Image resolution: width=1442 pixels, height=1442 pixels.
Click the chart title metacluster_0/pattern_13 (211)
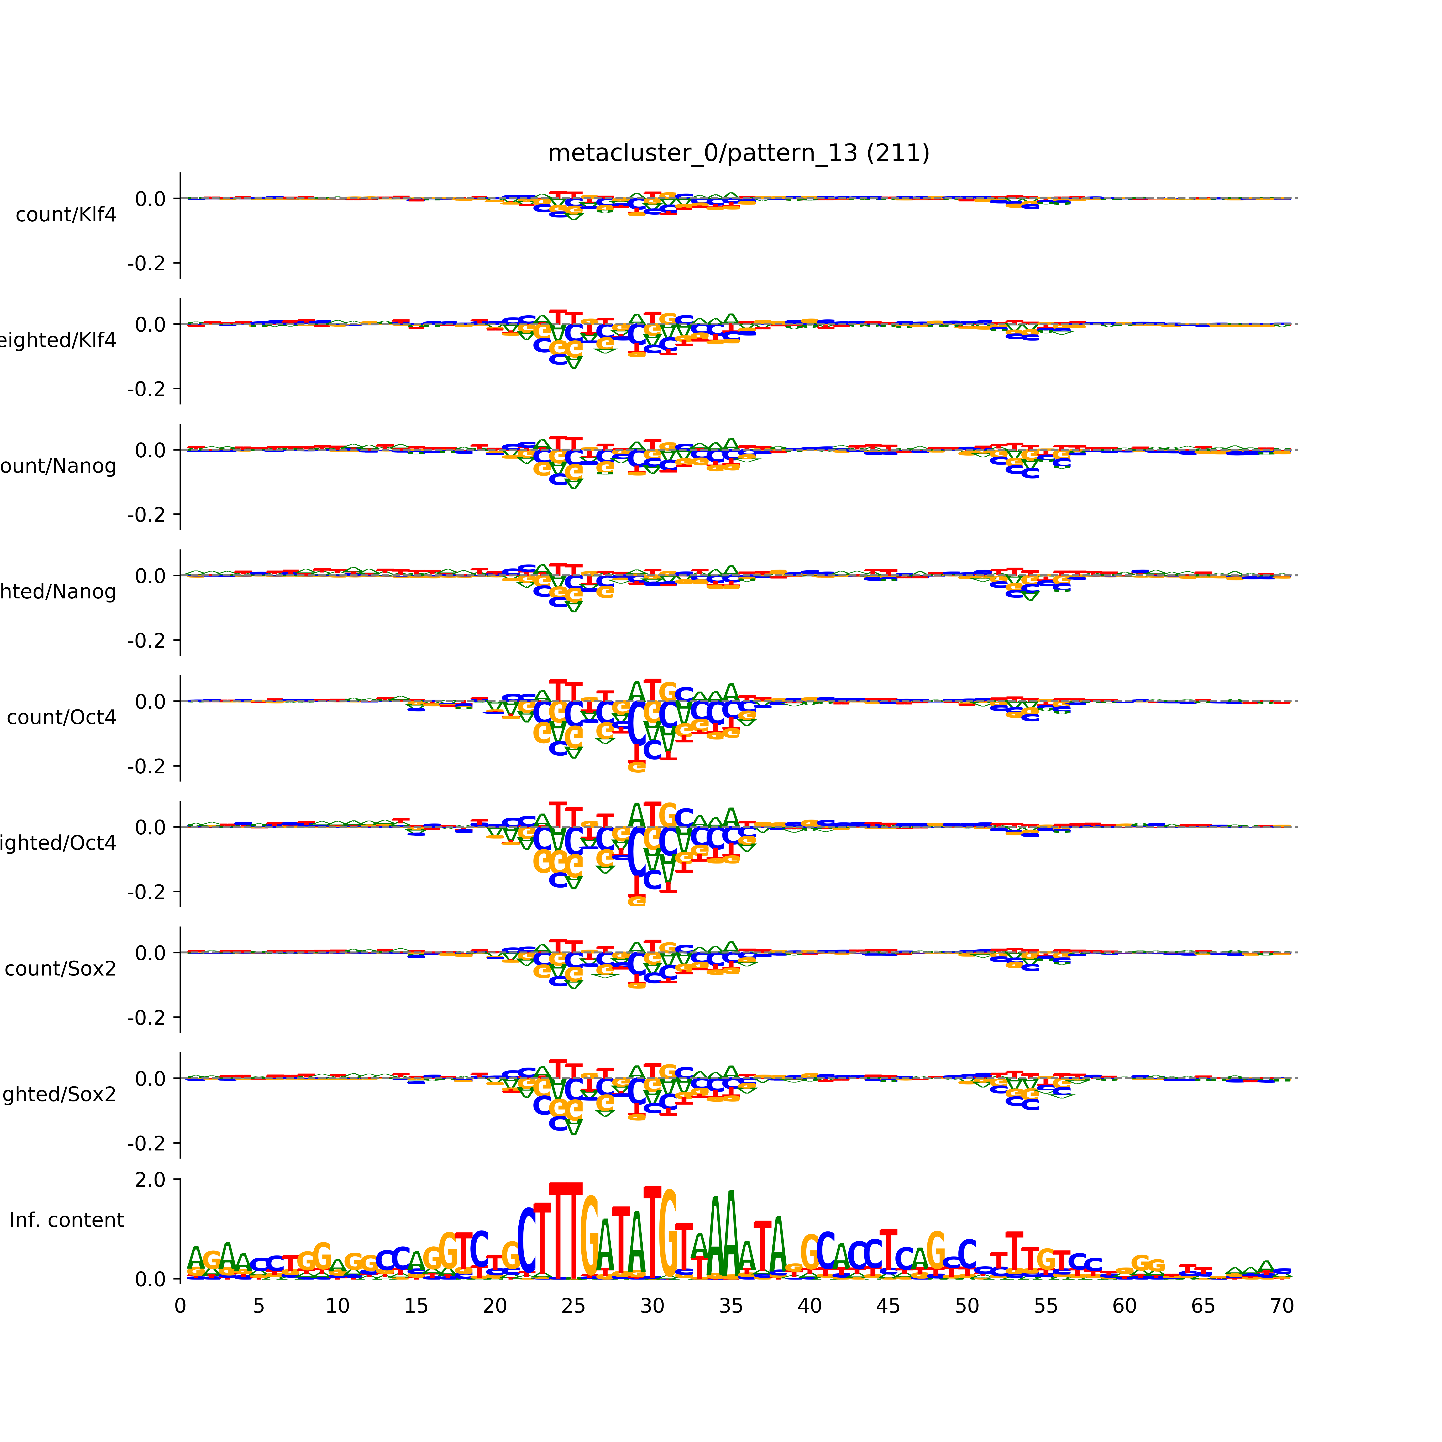point(738,153)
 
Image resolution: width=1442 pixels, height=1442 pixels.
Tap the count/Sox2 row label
point(61,969)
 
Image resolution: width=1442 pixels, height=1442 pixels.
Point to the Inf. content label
point(66,1220)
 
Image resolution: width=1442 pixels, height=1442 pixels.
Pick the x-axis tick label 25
point(573,1306)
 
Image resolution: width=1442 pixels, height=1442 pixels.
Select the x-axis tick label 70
point(1281,1306)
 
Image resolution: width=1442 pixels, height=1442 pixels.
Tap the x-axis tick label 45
point(888,1306)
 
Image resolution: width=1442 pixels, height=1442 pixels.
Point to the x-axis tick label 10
point(337,1306)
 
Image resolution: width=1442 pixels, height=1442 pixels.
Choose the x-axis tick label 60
point(1124,1306)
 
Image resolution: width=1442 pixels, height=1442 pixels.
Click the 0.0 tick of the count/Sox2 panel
point(150,953)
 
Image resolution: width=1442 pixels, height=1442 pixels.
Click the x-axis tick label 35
point(731,1306)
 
